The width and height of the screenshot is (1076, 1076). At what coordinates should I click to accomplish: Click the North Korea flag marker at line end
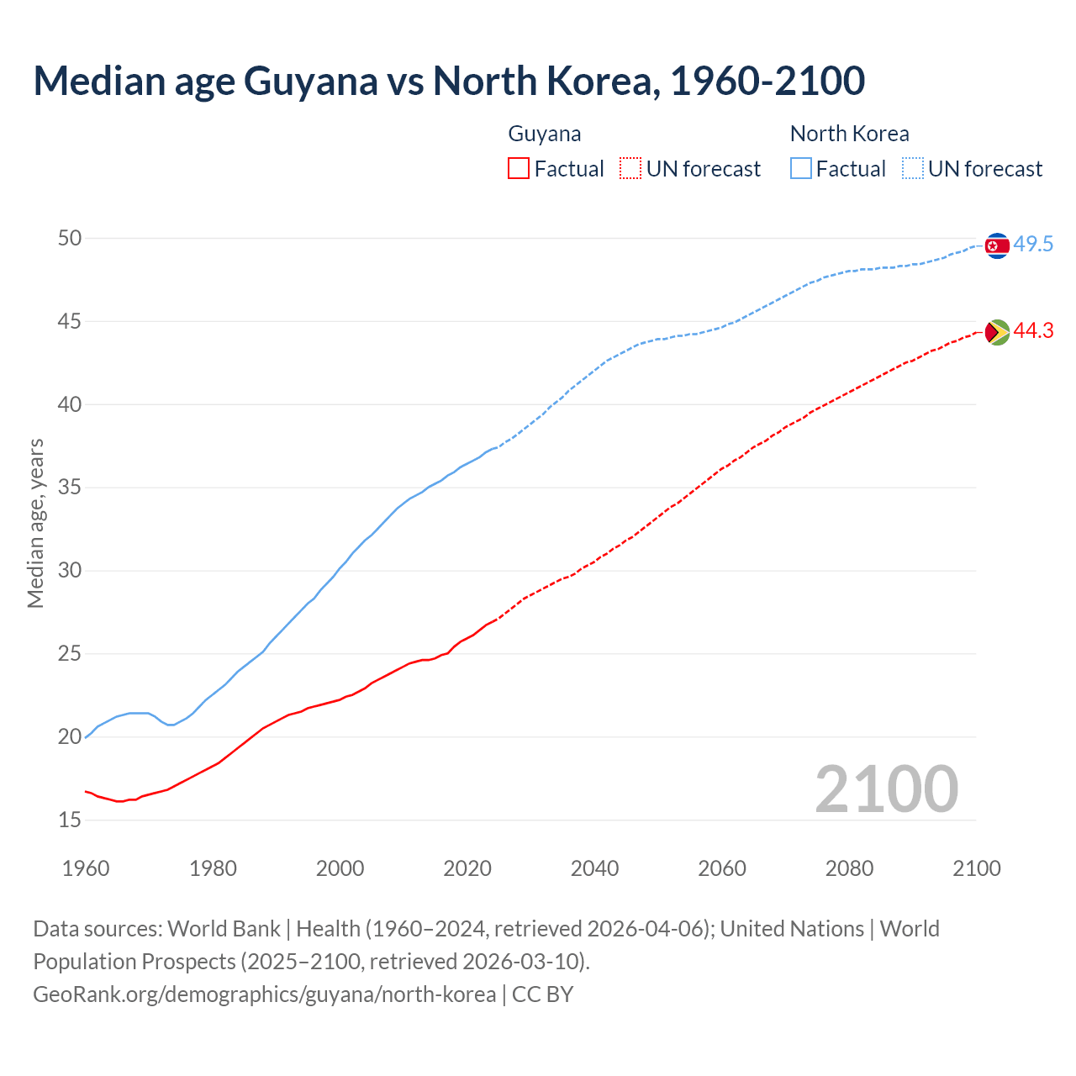click(x=996, y=245)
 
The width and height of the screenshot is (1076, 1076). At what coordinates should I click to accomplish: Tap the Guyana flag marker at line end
click(x=996, y=333)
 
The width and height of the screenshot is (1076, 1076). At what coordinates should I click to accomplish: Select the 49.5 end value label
click(x=1033, y=245)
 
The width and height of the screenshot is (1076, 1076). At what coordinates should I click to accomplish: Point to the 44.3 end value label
click(x=1033, y=331)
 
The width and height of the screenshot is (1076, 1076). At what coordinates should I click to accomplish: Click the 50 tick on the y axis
click(x=70, y=239)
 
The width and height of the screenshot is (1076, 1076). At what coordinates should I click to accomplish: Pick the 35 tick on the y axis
click(x=70, y=488)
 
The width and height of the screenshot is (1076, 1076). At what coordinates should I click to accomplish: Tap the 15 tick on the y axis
click(x=70, y=820)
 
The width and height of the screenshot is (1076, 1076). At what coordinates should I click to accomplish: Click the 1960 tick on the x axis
click(x=86, y=868)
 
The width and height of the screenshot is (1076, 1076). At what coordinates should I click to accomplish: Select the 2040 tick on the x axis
click(x=594, y=868)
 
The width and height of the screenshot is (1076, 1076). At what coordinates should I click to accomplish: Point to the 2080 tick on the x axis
click(x=849, y=868)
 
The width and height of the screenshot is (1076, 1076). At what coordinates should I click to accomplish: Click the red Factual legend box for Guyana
click(x=519, y=169)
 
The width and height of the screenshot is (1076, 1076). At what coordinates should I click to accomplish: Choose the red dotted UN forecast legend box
click(x=630, y=169)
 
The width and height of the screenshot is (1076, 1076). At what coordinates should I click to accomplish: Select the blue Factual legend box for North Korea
click(x=801, y=169)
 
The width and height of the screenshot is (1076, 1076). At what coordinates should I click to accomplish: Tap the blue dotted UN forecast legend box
click(x=913, y=169)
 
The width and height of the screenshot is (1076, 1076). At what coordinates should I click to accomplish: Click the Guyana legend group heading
click(x=545, y=134)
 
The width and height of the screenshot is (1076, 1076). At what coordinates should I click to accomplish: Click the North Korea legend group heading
click(x=849, y=134)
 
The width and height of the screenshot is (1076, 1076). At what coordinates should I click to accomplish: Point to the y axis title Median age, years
click(x=35, y=523)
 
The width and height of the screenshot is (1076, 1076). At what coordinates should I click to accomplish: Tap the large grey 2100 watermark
click(x=886, y=789)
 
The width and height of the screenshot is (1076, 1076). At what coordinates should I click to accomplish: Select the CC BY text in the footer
click(x=542, y=994)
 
